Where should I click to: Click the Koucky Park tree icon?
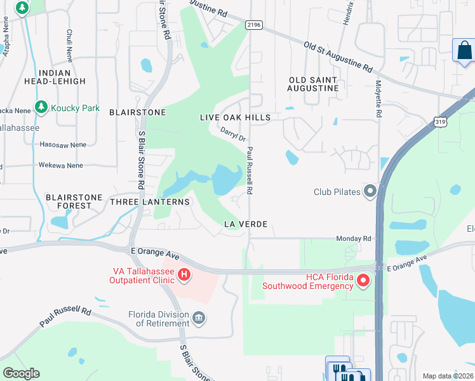41,108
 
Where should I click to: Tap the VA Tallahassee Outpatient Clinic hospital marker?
184,275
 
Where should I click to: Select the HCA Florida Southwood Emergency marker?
363,279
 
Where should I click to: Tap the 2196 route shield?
254,24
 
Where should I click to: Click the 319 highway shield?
439,120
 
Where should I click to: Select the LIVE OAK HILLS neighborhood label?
235,117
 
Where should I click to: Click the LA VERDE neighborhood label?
245,224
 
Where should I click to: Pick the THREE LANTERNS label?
149,202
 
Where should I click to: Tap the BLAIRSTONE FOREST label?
74,201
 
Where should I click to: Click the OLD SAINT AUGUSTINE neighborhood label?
314,84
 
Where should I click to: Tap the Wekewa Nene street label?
61,165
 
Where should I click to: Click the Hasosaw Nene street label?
63,145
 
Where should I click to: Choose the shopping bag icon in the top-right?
464,50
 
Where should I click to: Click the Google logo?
21,373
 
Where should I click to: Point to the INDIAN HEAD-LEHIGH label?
54,77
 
